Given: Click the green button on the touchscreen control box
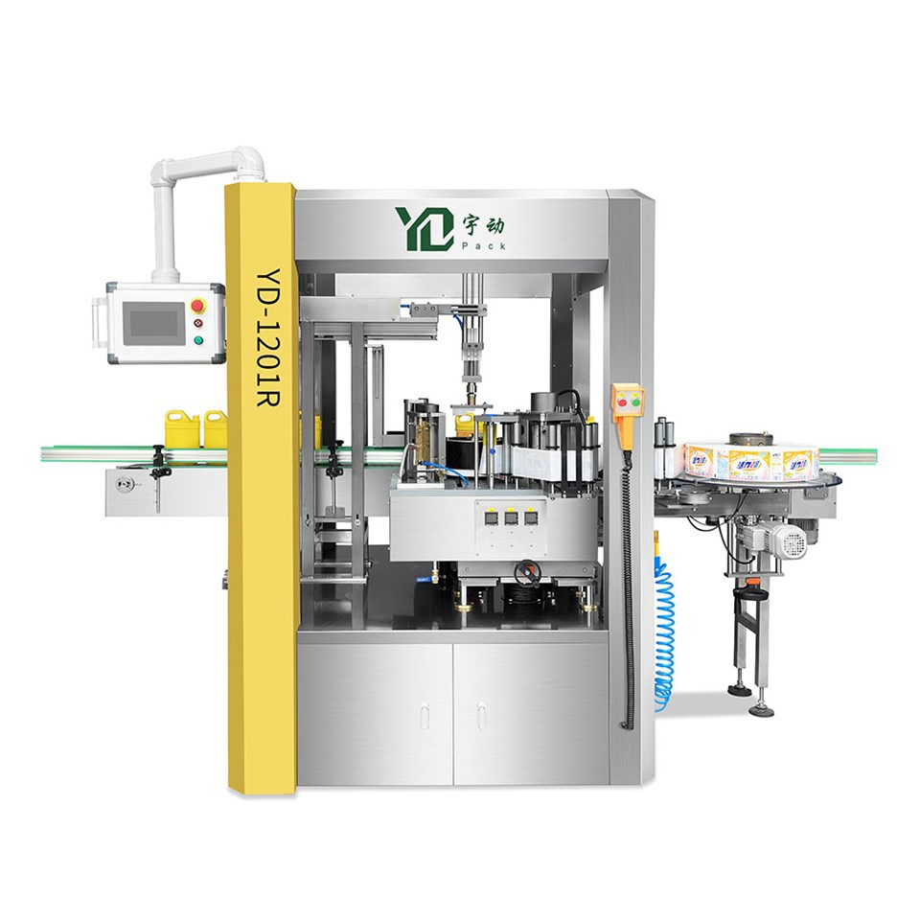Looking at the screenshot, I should [198, 339].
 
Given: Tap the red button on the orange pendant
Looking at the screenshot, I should [628, 392].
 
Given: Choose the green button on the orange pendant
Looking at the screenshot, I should [628, 407].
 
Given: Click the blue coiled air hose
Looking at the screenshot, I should [664, 632].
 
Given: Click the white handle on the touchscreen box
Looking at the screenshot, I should [97, 322].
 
